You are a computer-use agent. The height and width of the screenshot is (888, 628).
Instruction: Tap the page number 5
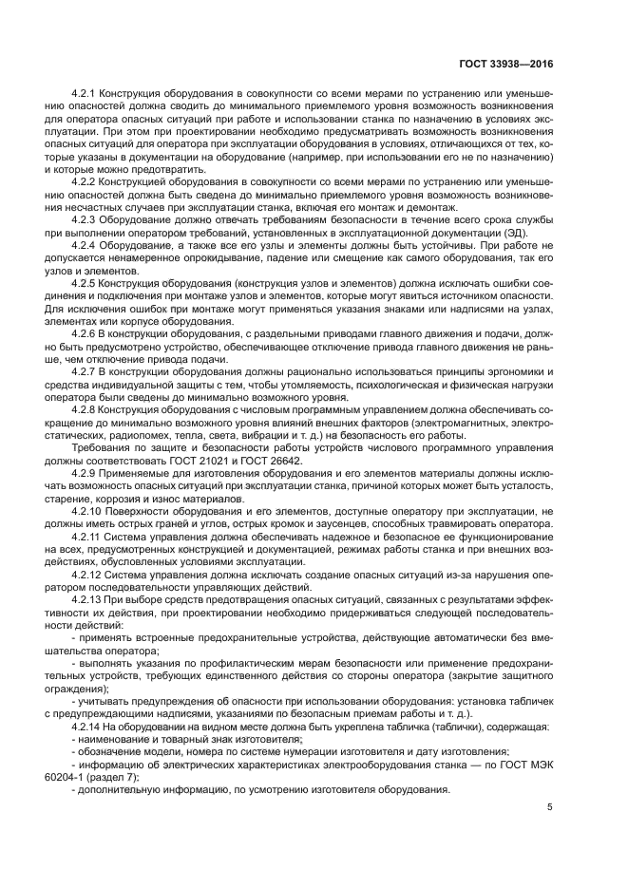click(550, 807)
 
